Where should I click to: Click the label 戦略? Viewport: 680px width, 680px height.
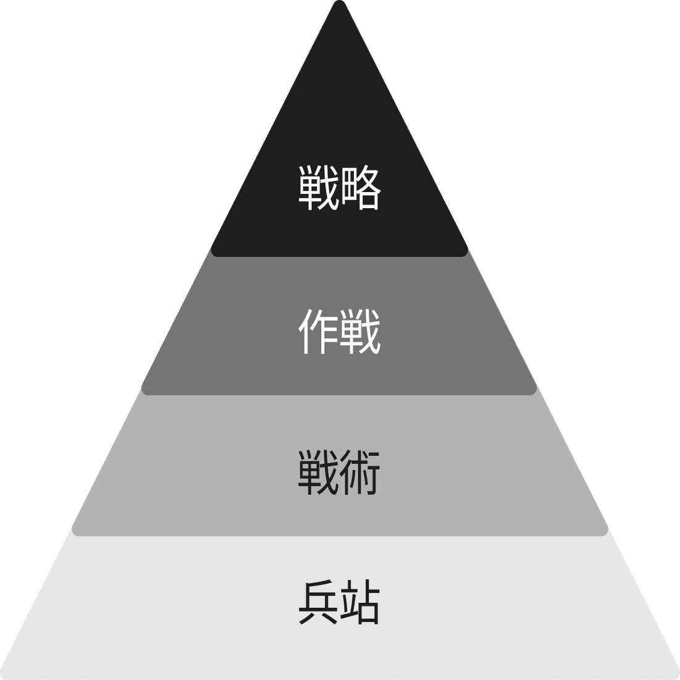tap(340, 187)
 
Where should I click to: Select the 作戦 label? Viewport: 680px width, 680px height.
tap(340, 332)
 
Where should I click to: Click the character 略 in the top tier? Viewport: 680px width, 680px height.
tap(360, 187)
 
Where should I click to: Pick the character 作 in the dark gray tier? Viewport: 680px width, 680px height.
tap(319, 332)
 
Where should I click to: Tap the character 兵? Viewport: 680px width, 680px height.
tap(319, 602)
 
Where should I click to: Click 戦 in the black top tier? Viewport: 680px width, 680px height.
tap(319, 187)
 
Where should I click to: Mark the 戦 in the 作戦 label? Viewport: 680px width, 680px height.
tap(360, 332)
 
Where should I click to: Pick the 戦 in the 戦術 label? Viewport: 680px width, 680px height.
tap(319, 473)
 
